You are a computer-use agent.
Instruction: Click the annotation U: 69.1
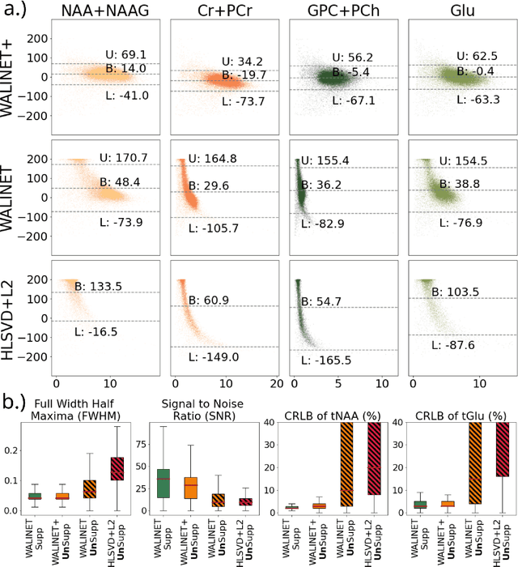click(x=125, y=54)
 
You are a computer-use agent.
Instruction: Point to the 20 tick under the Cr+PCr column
click(x=276, y=382)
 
